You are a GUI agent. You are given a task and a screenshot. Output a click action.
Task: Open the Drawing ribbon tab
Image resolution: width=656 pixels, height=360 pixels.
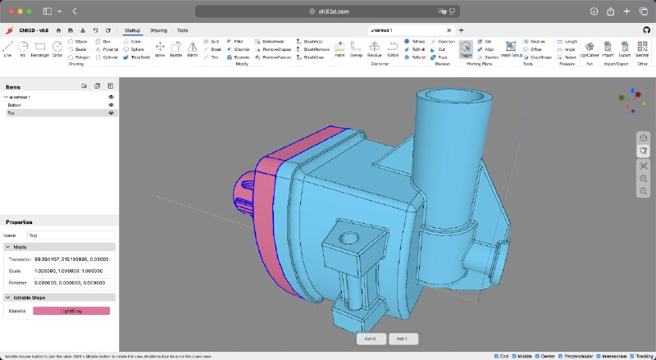point(158,30)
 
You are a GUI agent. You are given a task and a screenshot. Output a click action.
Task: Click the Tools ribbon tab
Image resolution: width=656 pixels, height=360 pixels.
point(182,30)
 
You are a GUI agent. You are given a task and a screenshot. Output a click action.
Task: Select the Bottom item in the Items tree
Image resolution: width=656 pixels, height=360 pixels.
point(15,105)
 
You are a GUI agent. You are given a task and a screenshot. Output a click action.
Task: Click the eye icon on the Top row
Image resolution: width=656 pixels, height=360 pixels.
point(111,113)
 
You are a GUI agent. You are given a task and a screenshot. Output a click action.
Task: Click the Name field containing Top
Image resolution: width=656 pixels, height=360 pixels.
point(71,235)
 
